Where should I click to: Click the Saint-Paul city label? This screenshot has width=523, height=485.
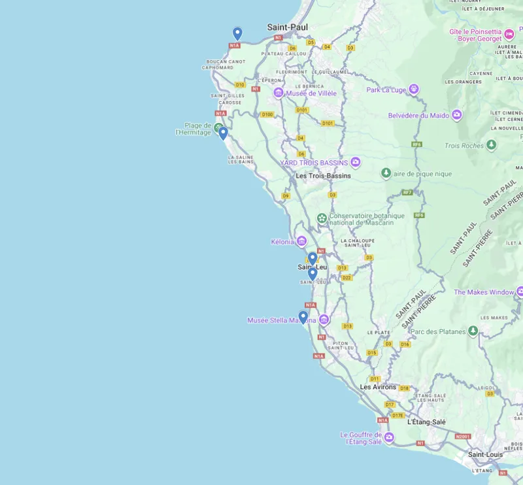coord(287,27)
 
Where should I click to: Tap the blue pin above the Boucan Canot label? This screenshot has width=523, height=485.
coord(237,33)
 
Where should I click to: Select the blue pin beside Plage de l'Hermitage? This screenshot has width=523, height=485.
coord(223,133)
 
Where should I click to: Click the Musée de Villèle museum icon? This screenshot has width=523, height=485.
coord(278,93)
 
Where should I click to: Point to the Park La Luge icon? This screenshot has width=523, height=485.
coord(413,90)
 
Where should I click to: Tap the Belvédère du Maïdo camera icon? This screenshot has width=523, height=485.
coord(457,116)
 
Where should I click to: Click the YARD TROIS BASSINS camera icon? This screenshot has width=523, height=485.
coord(355,162)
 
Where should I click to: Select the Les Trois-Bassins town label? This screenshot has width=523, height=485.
coord(323,176)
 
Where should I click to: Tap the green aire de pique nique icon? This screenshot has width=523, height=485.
coord(386,173)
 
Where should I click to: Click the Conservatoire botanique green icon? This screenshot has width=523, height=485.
coord(322,218)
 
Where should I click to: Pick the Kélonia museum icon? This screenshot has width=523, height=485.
coord(301,241)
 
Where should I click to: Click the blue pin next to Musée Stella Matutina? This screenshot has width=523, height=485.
coord(303,317)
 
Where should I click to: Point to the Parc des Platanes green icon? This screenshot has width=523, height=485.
coord(473,331)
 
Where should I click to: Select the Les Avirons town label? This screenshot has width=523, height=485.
coord(378,387)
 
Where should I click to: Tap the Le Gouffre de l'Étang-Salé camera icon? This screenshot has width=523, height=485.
coord(389,437)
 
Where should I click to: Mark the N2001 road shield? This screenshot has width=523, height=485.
coord(463,436)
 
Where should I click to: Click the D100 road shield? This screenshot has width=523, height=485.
coord(267,114)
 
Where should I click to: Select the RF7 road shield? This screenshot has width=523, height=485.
coord(408,192)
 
